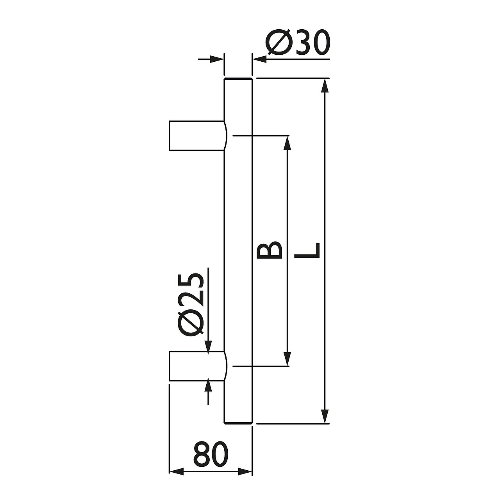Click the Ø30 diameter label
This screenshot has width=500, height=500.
coord(298,43)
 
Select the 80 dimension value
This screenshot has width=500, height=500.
coord(211,454)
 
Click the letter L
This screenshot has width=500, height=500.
coord(307,251)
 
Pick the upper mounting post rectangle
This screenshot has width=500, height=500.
coord(197,136)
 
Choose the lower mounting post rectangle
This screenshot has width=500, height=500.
coord(197,366)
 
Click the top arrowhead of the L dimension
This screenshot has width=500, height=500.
coord(325,86)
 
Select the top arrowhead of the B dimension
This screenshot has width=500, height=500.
coord(287,143)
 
